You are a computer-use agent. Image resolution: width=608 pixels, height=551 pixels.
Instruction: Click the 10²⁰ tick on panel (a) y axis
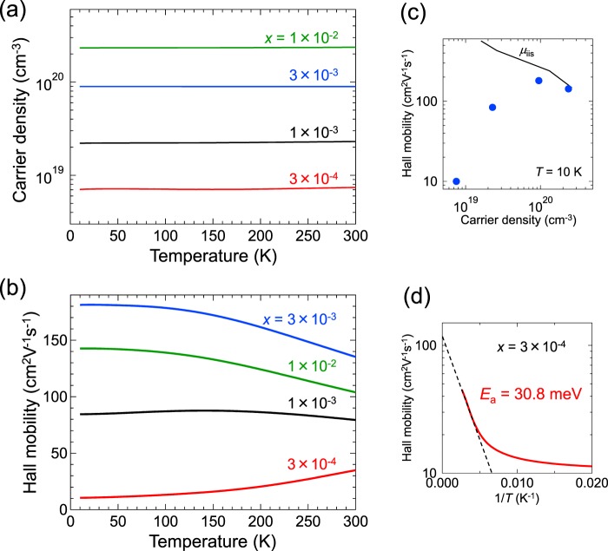point(50,87)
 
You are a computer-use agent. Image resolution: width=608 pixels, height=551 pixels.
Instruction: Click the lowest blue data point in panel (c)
point(456,181)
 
